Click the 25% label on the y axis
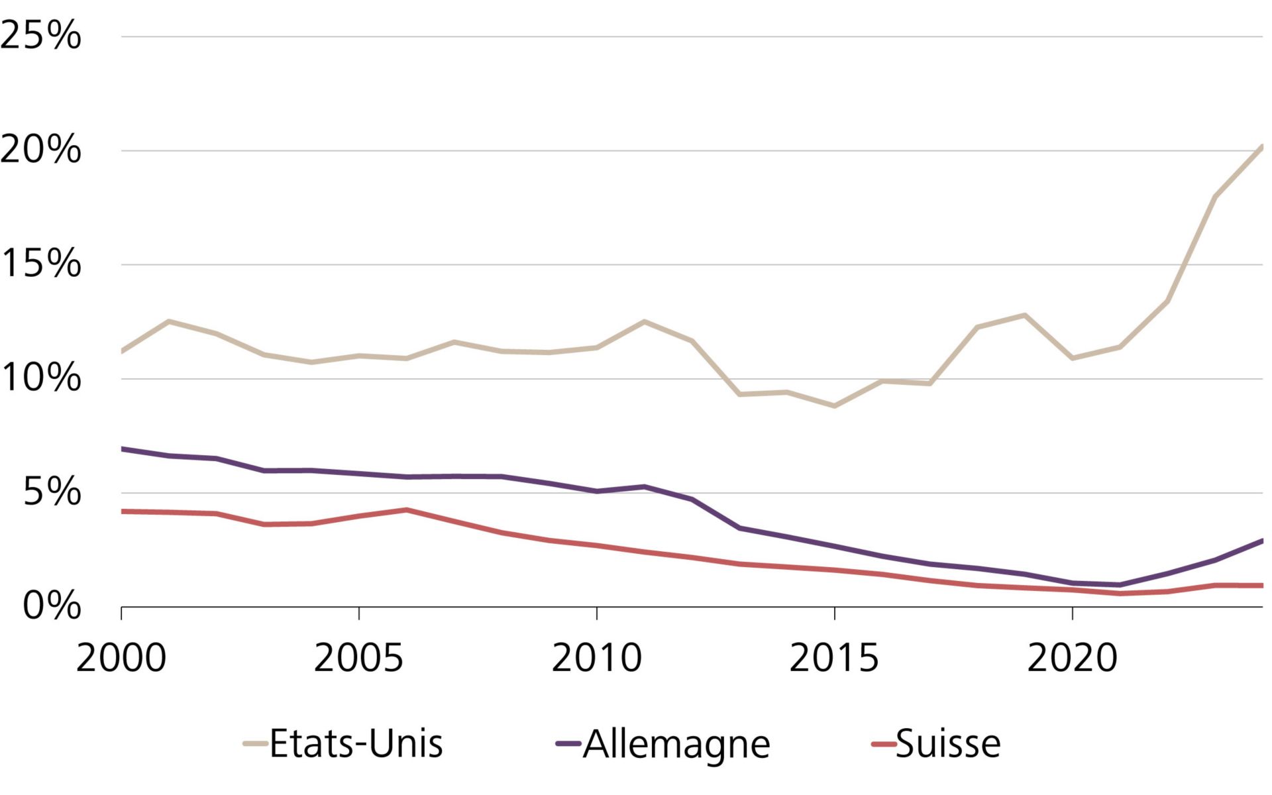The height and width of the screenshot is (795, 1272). tap(41, 36)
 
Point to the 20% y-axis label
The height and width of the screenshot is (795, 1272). tap(41, 150)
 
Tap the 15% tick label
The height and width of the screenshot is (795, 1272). tap(41, 264)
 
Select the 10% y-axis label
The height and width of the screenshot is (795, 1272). tap(41, 378)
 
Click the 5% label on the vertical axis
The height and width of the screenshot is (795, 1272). tap(52, 492)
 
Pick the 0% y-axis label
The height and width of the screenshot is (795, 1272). tap(52, 606)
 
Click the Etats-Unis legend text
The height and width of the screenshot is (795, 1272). tap(356, 743)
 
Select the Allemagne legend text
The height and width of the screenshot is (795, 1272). tap(676, 745)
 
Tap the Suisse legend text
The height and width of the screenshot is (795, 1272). tap(948, 743)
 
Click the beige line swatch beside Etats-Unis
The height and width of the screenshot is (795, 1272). tap(255, 744)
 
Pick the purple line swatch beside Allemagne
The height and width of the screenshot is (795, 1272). tap(568, 744)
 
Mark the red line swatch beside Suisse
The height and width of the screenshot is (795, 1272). tap(883, 744)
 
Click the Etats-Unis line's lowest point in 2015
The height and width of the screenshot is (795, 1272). tap(834, 405)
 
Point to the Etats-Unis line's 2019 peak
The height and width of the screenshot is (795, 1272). tap(1025, 315)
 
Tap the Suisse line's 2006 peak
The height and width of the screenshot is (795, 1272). tap(407, 509)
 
